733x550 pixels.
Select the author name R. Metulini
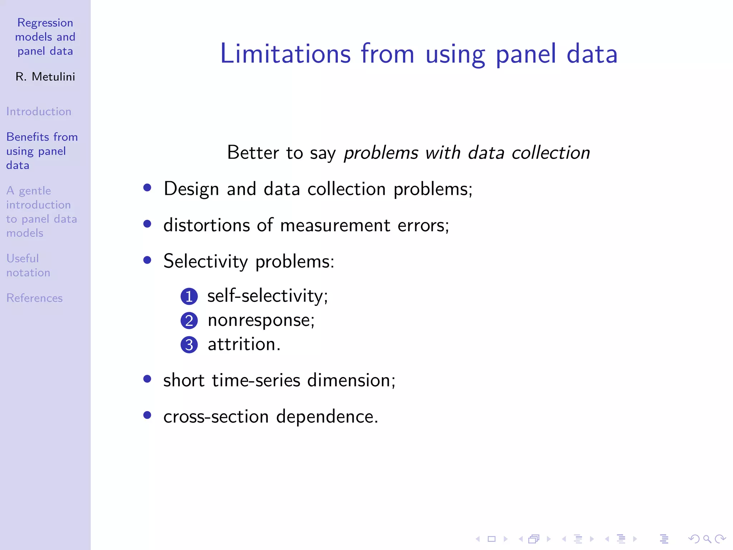pos(45,77)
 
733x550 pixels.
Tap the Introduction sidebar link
pos(39,111)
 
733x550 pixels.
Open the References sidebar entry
pos(34,298)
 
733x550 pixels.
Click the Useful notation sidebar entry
pos(28,265)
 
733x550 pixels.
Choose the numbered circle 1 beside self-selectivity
pos(189,296)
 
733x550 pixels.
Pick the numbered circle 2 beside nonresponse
pos(189,320)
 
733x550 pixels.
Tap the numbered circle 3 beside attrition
pos(189,345)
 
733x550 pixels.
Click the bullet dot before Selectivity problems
pos(147,260)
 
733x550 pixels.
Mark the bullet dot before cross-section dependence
pos(147,415)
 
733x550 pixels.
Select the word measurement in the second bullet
pos(335,226)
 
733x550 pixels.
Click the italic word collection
pos(550,153)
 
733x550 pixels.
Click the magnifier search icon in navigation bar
pos(707,539)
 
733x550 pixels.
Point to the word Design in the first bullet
pos(191,189)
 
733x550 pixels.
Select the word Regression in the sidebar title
pos(45,23)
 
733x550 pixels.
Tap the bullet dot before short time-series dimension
pos(147,379)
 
